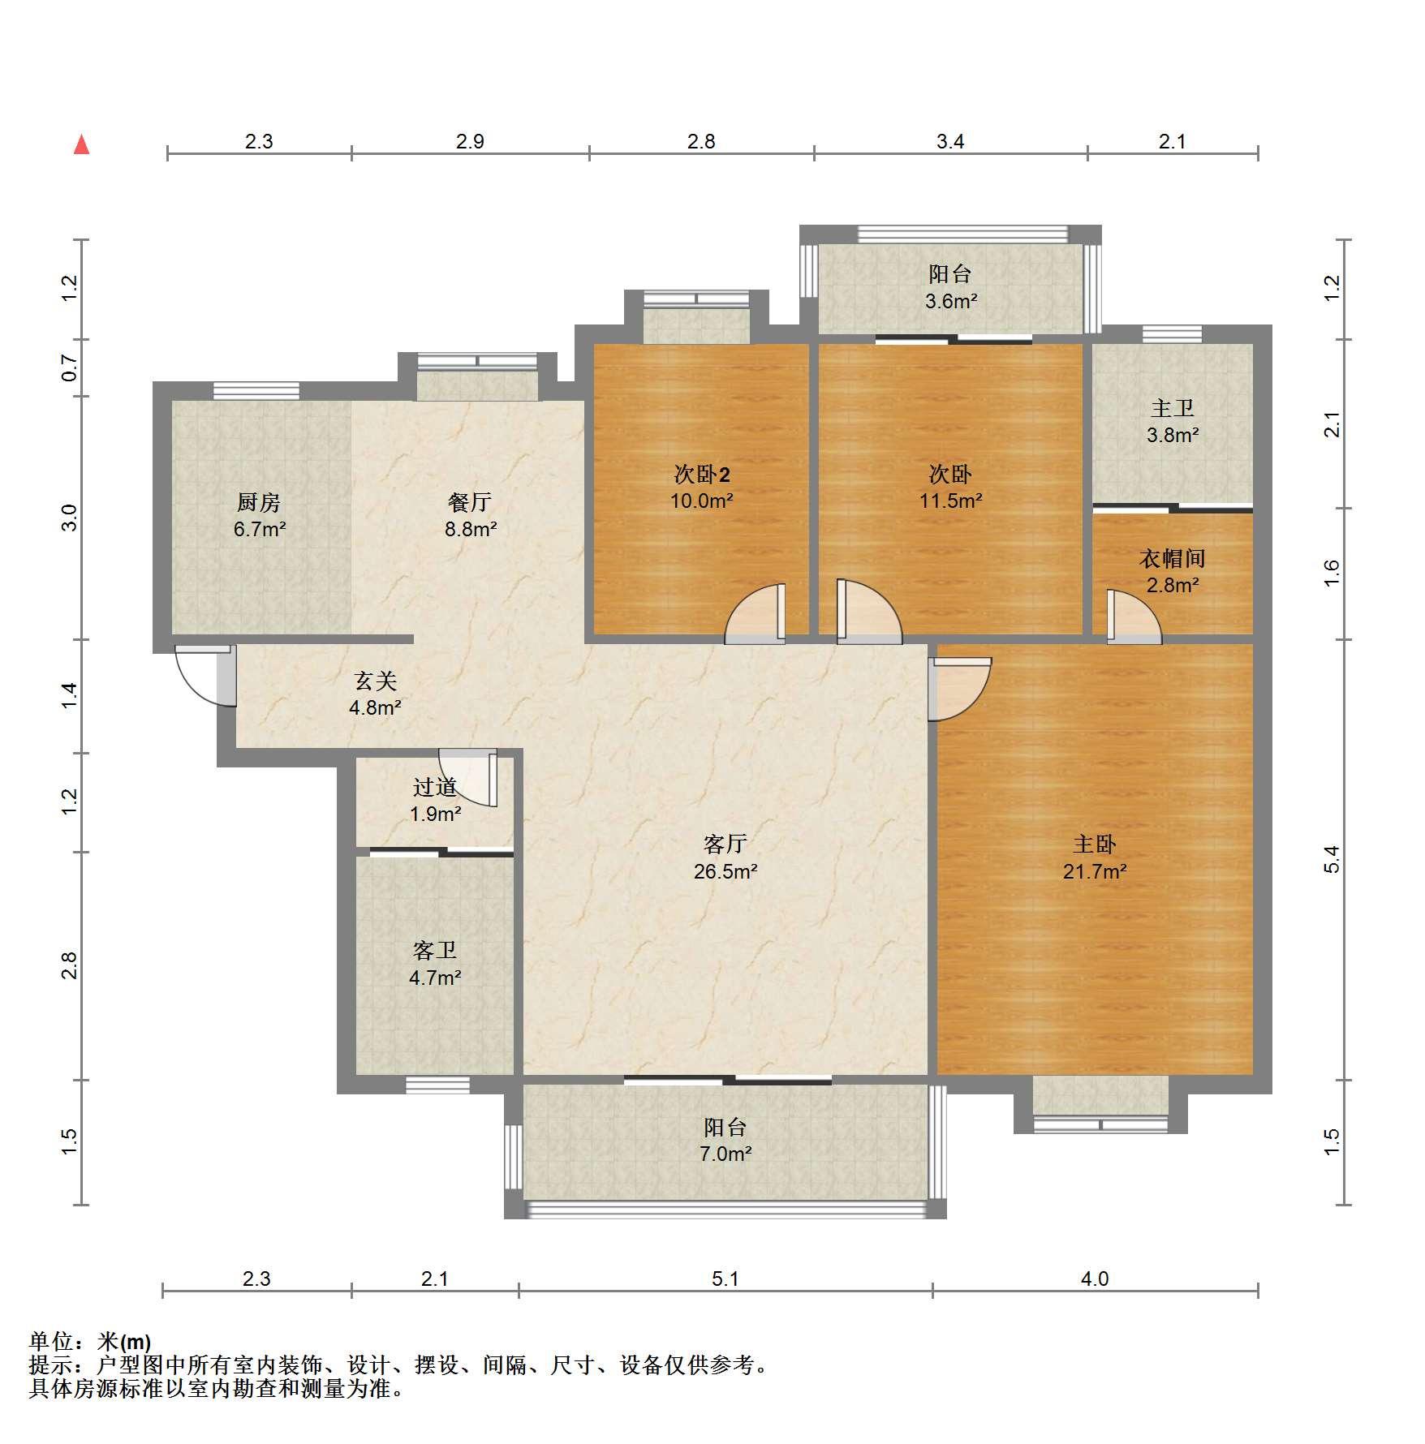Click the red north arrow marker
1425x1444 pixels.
click(x=81, y=145)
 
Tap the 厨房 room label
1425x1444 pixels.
click(x=259, y=503)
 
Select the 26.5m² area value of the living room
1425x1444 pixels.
click(x=725, y=872)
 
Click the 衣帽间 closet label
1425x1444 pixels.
click(x=1173, y=558)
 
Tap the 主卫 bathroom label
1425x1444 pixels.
click(x=1173, y=409)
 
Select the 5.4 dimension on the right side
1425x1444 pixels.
click(x=1331, y=859)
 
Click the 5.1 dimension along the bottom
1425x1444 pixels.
click(x=725, y=1279)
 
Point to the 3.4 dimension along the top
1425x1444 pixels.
click(x=950, y=142)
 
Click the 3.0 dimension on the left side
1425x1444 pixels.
click(x=71, y=518)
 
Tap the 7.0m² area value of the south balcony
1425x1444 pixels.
click(x=725, y=1154)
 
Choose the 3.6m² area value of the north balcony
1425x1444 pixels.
click(x=951, y=302)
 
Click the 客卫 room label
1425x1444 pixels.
click(x=435, y=950)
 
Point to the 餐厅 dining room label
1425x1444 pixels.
click(x=470, y=503)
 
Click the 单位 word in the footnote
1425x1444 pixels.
click(x=51, y=1342)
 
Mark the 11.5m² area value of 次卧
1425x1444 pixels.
click(x=951, y=501)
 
